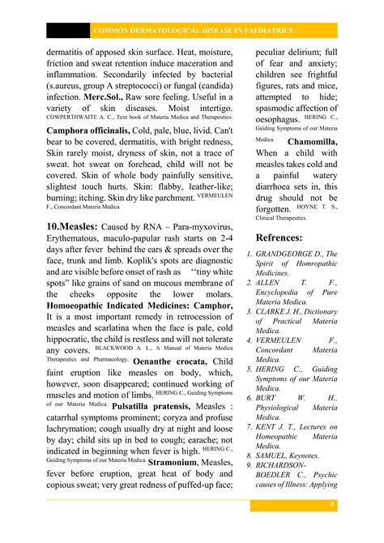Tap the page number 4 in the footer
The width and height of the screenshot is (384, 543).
(x=332, y=506)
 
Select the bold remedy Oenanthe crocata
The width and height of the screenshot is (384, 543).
(x=170, y=361)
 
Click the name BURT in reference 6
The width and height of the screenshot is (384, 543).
(x=270, y=398)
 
